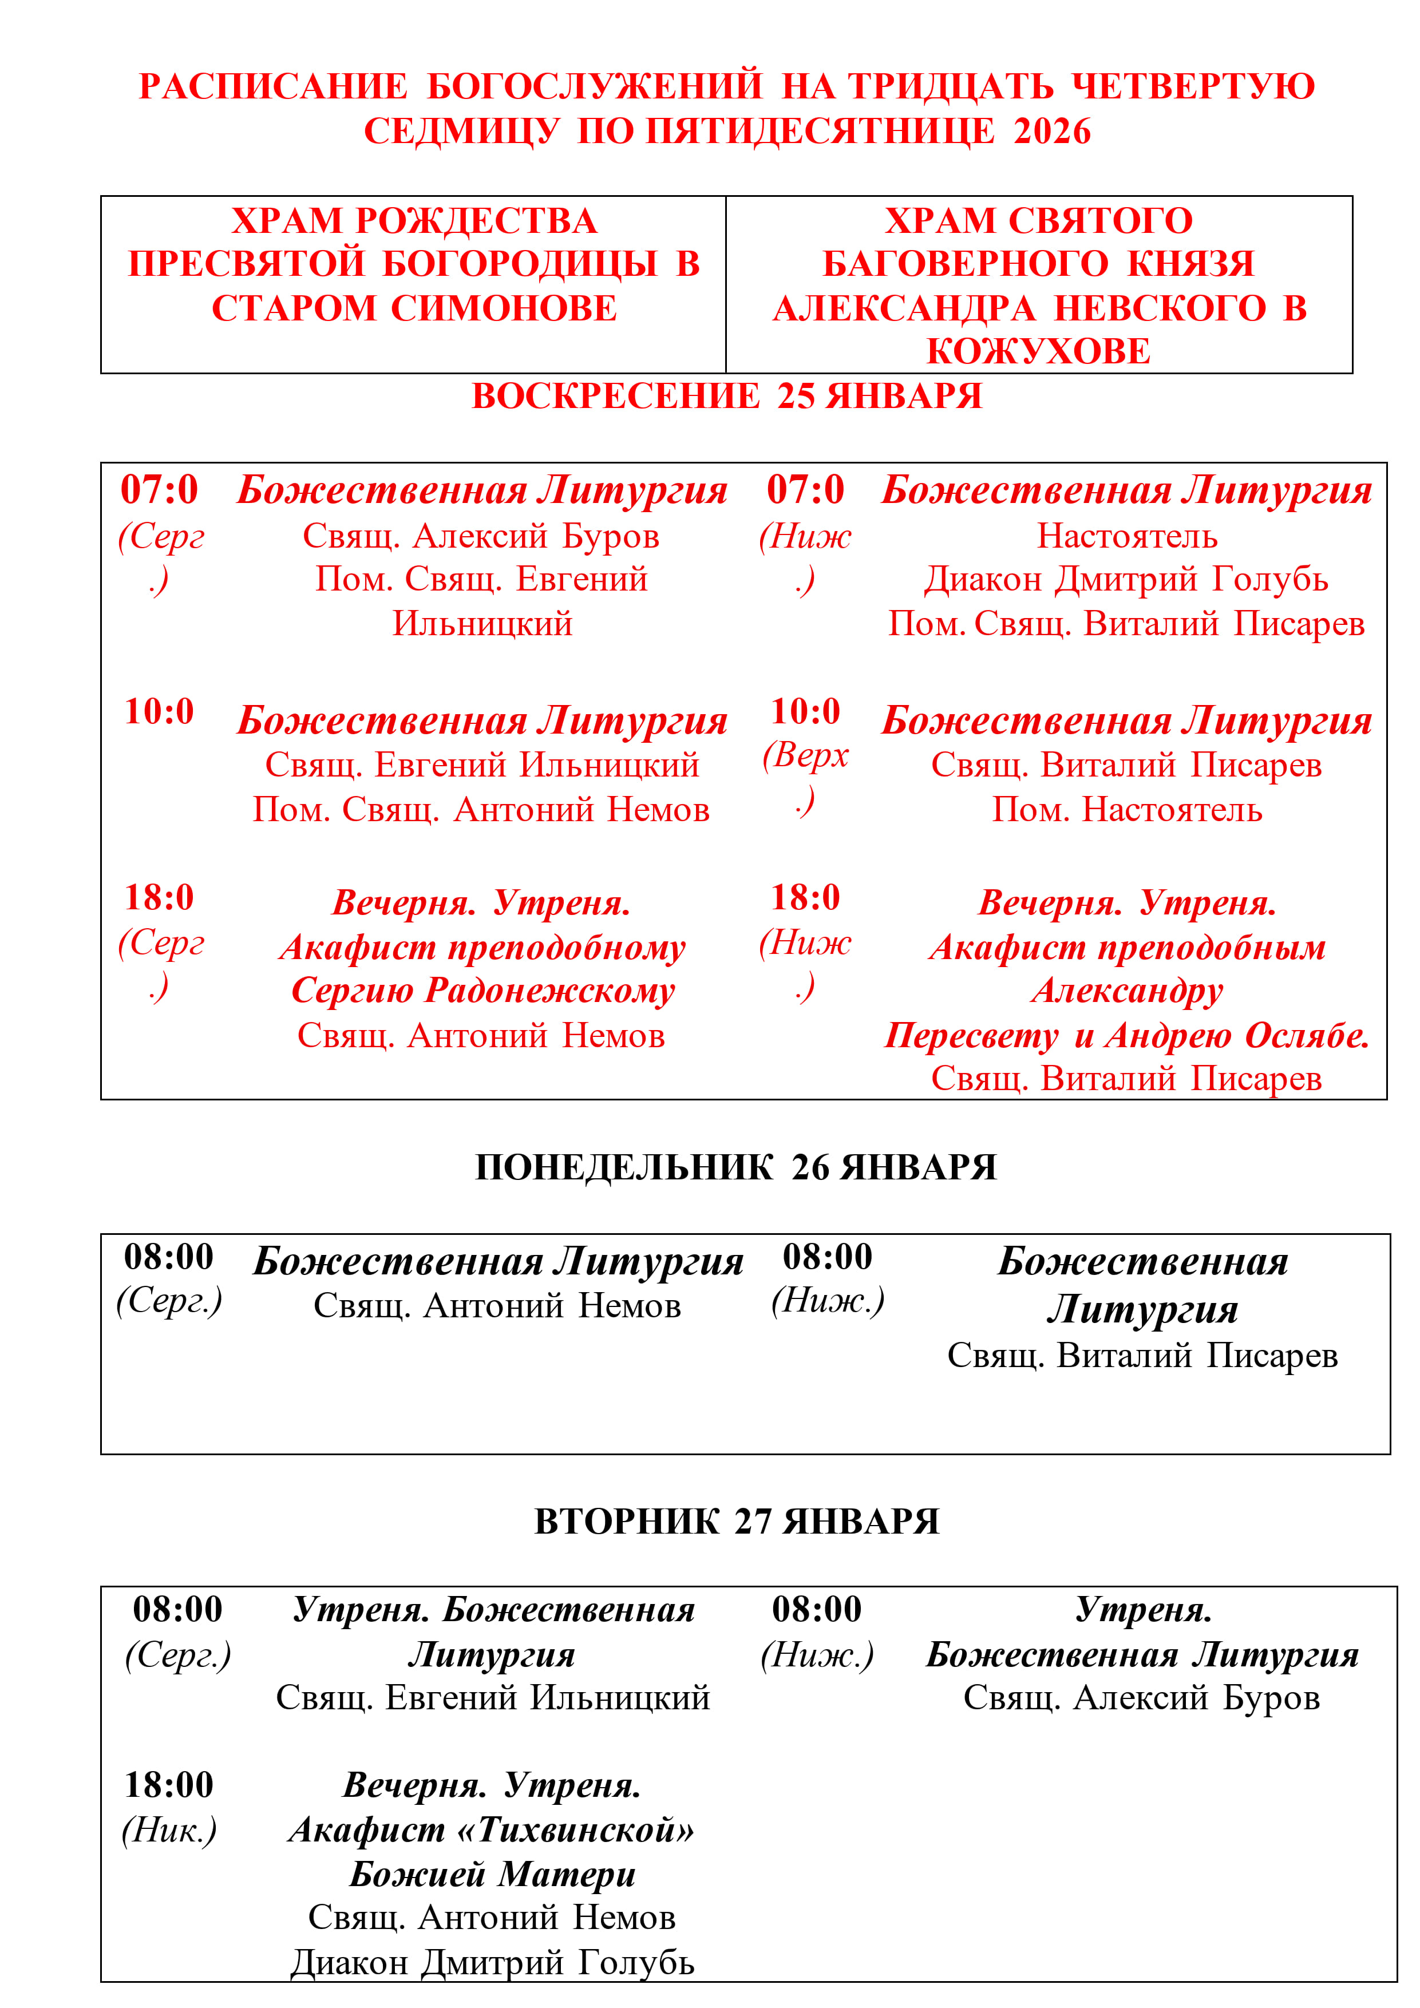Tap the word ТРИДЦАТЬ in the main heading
click(x=951, y=86)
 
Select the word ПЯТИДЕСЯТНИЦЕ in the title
click(x=820, y=131)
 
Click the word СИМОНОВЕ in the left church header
click(x=504, y=308)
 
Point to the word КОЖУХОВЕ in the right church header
click(x=1039, y=351)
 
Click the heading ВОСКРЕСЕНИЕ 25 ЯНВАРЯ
click(x=726, y=396)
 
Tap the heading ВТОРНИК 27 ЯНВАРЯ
click(x=736, y=1522)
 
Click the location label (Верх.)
click(x=805, y=777)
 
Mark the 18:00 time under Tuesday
click(x=169, y=1785)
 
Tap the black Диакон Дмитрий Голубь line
click(x=493, y=1963)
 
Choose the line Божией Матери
click(x=493, y=1874)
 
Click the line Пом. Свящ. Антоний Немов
click(x=481, y=810)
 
